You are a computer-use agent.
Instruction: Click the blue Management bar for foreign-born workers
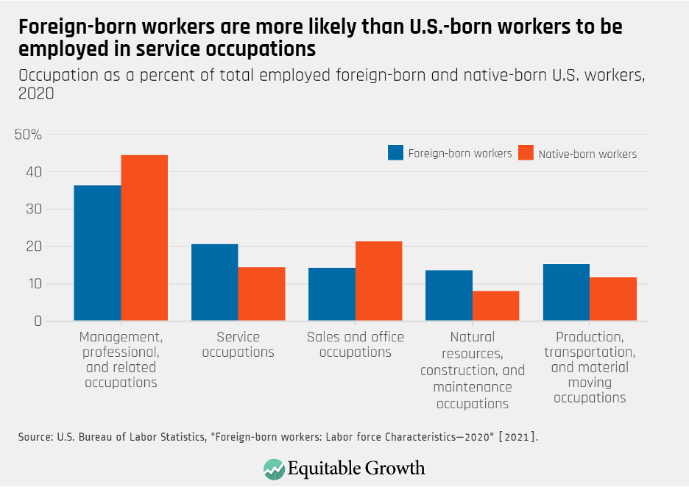[97, 253]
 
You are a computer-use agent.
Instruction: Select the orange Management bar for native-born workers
[144, 238]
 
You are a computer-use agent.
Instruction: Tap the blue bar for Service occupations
[214, 282]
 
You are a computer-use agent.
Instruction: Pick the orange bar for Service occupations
[261, 294]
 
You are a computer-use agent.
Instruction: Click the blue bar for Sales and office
[332, 294]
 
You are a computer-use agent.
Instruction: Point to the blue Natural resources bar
[449, 296]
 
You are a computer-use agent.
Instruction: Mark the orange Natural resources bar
[496, 306]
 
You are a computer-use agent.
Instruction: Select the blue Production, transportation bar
[566, 293]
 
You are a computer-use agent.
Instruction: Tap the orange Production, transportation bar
[613, 299]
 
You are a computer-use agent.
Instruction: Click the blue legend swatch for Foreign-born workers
[396, 152]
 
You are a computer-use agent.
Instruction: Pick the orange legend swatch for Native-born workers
[525, 153]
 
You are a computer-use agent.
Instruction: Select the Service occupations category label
[238, 344]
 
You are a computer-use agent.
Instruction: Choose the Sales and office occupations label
[356, 344]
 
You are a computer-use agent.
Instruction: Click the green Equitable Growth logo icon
[275, 469]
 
